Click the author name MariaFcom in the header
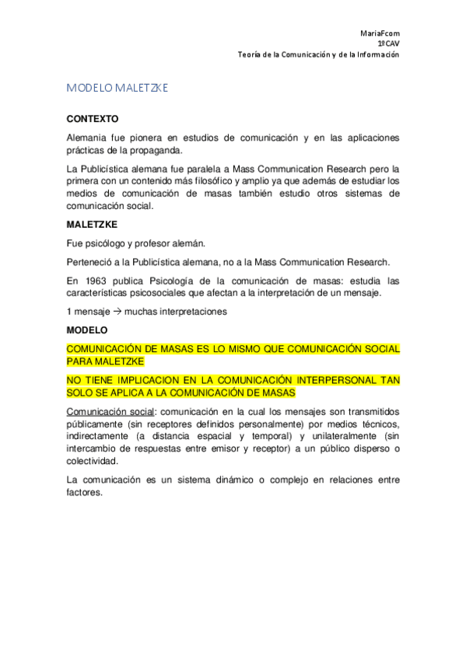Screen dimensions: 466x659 click(381, 34)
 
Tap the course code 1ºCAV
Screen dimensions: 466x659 click(388, 44)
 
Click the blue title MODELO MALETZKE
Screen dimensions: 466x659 click(117, 89)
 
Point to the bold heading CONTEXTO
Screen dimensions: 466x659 click(93, 120)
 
